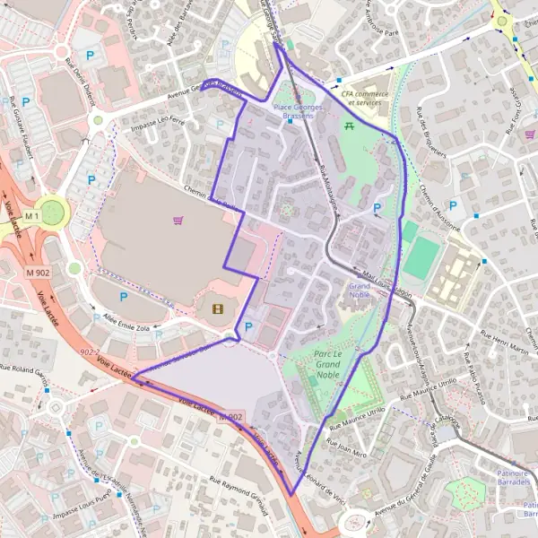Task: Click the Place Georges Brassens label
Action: tap(293, 110)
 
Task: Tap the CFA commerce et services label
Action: tap(360, 97)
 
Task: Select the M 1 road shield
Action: tap(33, 216)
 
